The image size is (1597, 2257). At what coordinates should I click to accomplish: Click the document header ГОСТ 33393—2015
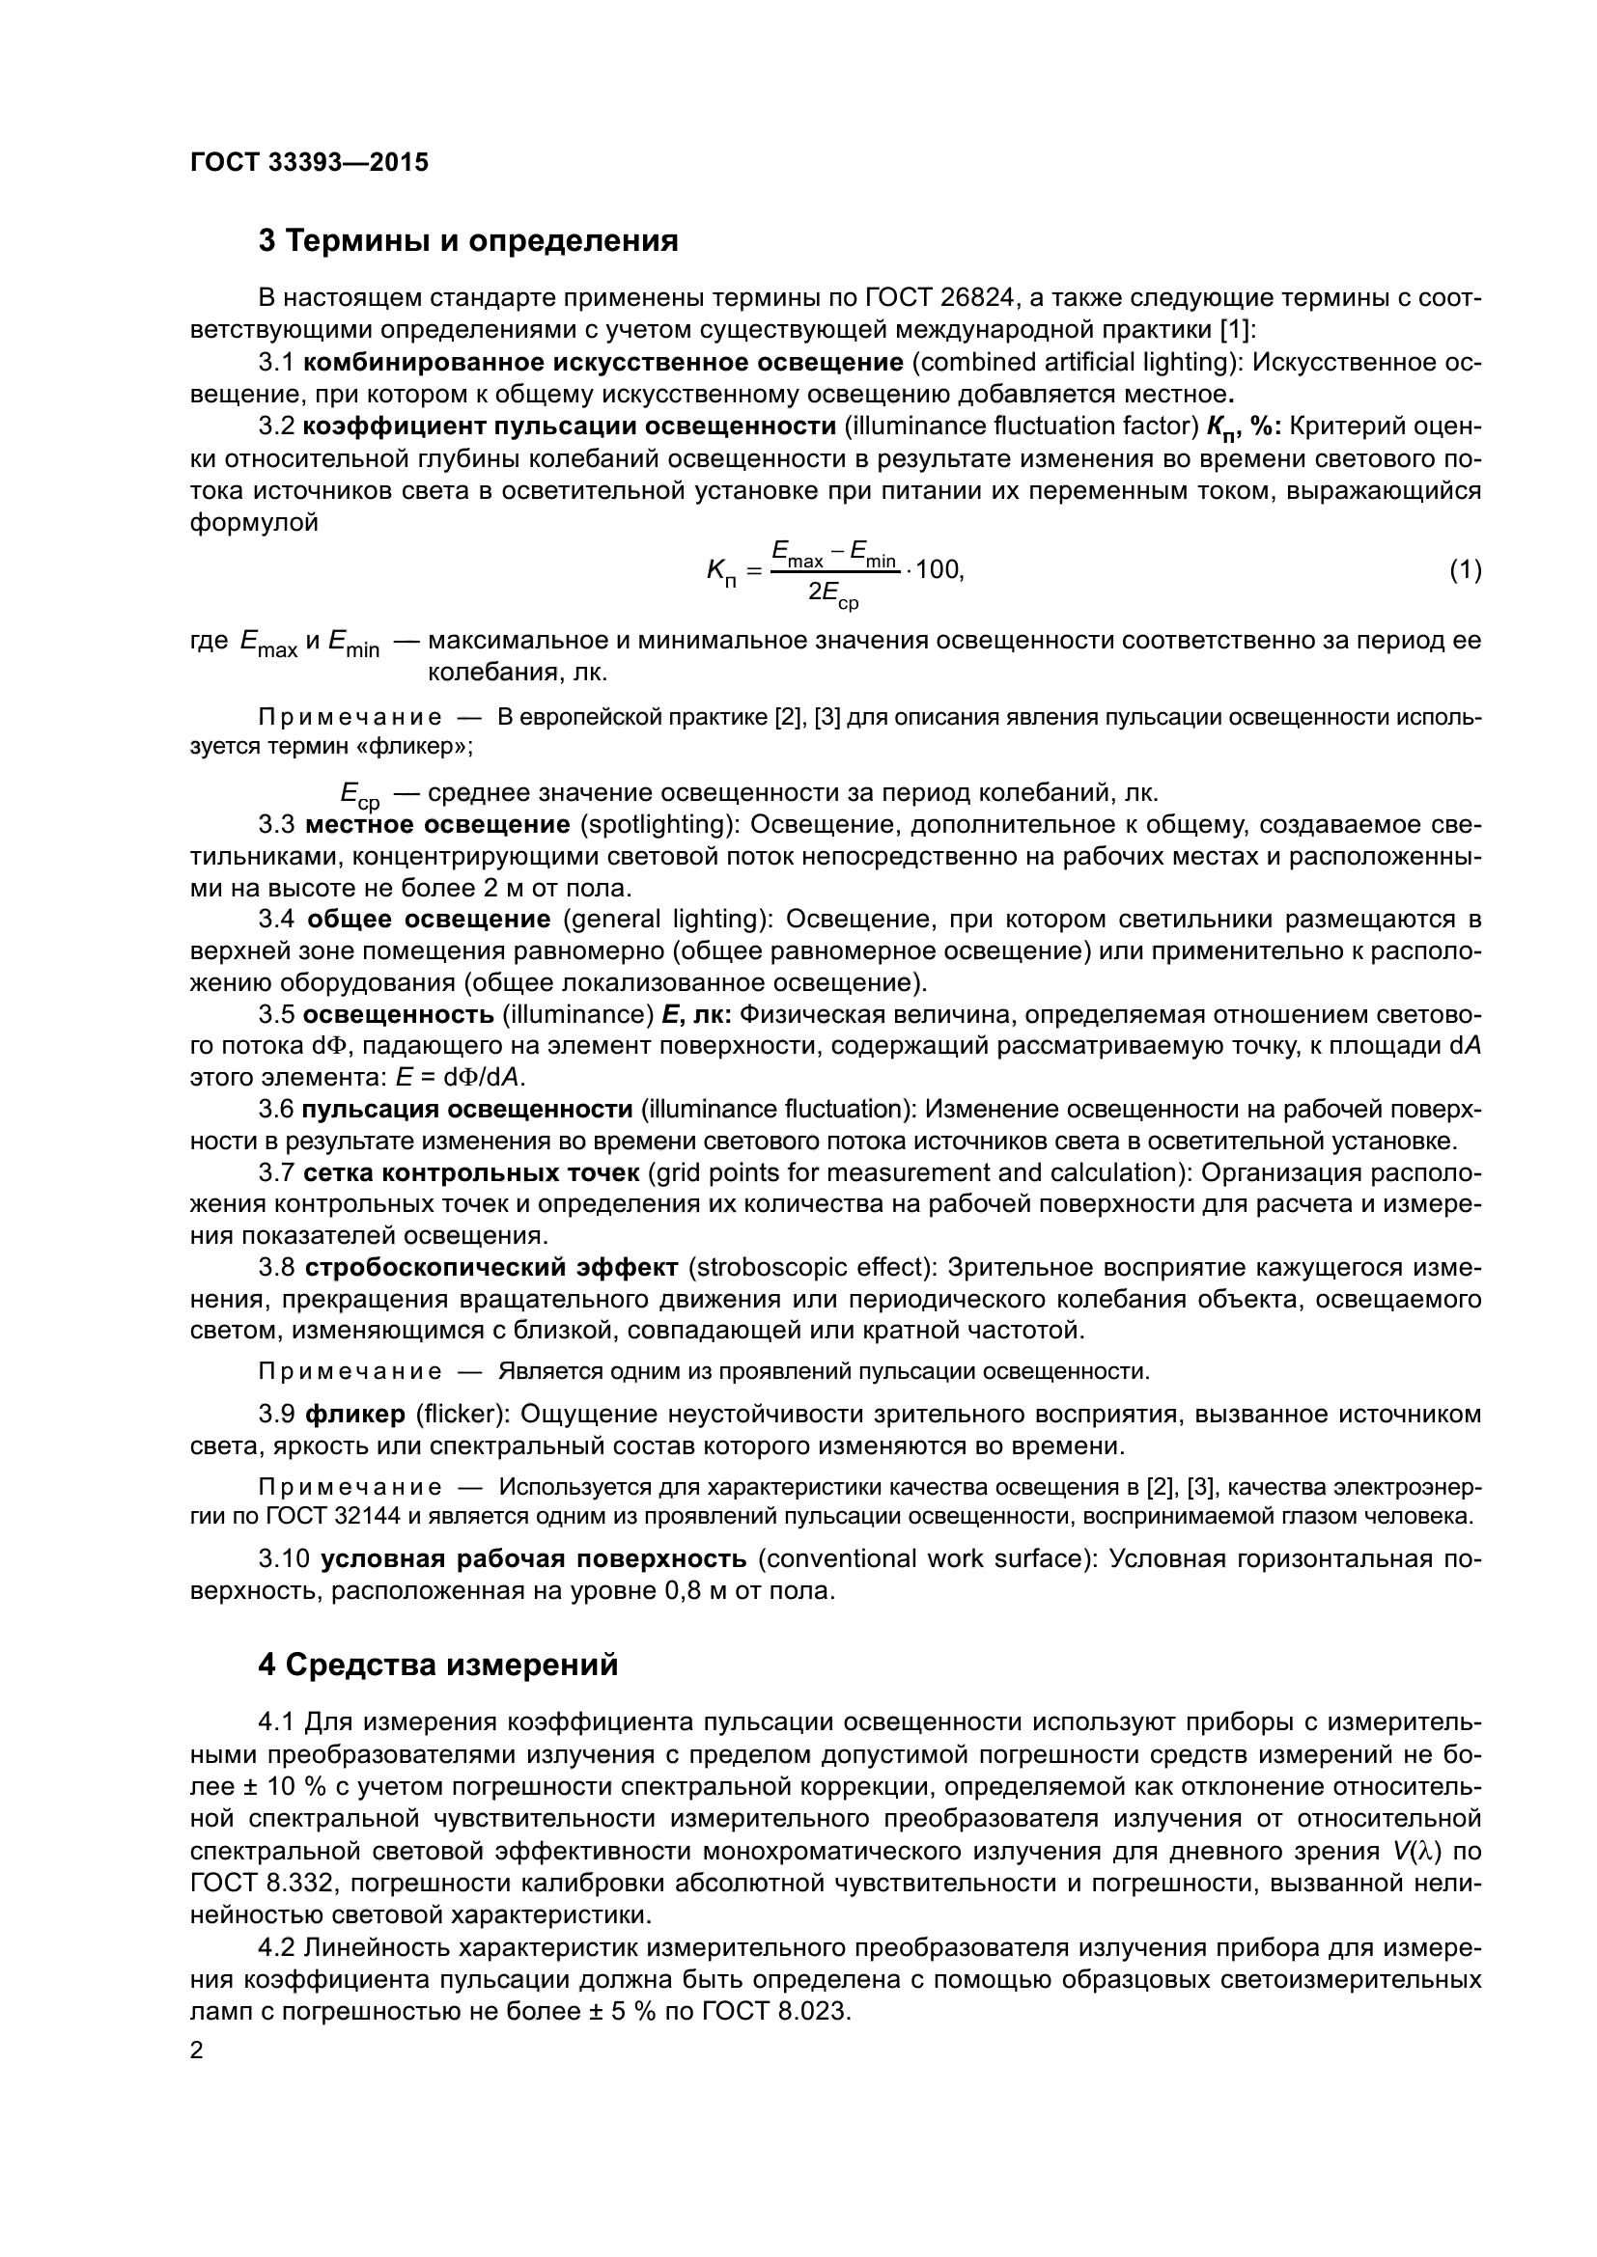pyautogui.click(x=309, y=162)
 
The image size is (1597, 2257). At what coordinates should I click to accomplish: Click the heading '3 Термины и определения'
pyautogui.click(x=468, y=240)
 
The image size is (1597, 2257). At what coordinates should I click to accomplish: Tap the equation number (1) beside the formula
pyautogui.click(x=1466, y=569)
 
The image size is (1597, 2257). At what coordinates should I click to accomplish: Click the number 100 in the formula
pyautogui.click(x=939, y=569)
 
